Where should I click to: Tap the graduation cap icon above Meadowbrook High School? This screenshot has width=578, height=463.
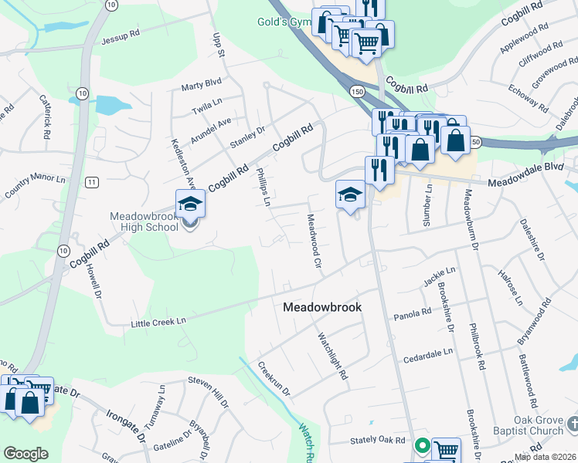point(190,204)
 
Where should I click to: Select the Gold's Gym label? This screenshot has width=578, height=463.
point(284,22)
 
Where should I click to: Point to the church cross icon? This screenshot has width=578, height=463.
point(573,424)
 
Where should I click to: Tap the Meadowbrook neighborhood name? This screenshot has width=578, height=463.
point(321,306)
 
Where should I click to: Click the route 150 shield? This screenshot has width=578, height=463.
point(356,91)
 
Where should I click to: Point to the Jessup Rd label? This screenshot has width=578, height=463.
point(120,35)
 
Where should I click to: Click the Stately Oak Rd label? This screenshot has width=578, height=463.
point(378,439)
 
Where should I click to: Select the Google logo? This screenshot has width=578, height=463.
point(26,454)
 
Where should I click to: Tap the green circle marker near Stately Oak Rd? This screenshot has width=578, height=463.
point(423,445)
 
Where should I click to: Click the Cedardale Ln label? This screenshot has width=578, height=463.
point(427,356)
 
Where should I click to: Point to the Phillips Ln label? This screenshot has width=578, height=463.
point(262,188)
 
